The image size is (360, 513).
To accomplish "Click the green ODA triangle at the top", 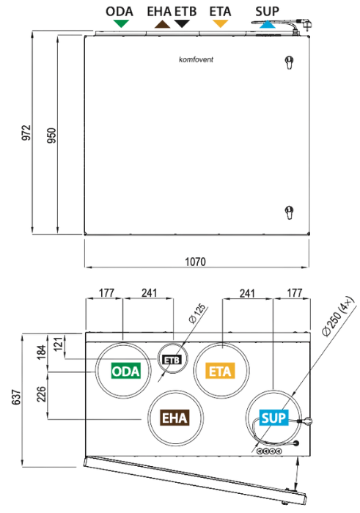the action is (x=121, y=23).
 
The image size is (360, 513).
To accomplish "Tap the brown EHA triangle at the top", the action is (x=162, y=24).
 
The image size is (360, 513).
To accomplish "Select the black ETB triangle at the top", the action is (x=182, y=23).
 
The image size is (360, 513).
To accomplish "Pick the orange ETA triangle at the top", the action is (x=220, y=23).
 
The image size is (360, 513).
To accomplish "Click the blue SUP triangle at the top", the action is (x=268, y=24).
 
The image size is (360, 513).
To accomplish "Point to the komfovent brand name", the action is (x=196, y=59).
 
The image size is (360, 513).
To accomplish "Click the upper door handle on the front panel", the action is (x=289, y=62).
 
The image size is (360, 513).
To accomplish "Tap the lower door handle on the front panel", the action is (x=289, y=213).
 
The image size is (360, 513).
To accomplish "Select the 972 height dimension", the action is (x=26, y=133).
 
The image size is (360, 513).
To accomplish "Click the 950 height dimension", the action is (x=52, y=135).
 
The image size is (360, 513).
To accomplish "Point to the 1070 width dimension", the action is (x=195, y=262).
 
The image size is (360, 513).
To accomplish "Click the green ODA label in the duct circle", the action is (x=126, y=371).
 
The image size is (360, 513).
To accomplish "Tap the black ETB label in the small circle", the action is (x=172, y=360).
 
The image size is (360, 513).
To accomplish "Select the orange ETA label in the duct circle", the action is (x=220, y=371).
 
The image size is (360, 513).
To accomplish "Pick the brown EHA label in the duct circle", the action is (x=175, y=418).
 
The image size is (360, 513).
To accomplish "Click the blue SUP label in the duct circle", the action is (x=273, y=418).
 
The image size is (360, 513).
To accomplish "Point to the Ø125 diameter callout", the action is (x=198, y=314).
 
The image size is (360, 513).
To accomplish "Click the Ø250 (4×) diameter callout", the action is (x=338, y=316).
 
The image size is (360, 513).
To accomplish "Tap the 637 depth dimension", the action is (x=16, y=397).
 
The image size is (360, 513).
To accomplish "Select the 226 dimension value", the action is (x=41, y=394).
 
